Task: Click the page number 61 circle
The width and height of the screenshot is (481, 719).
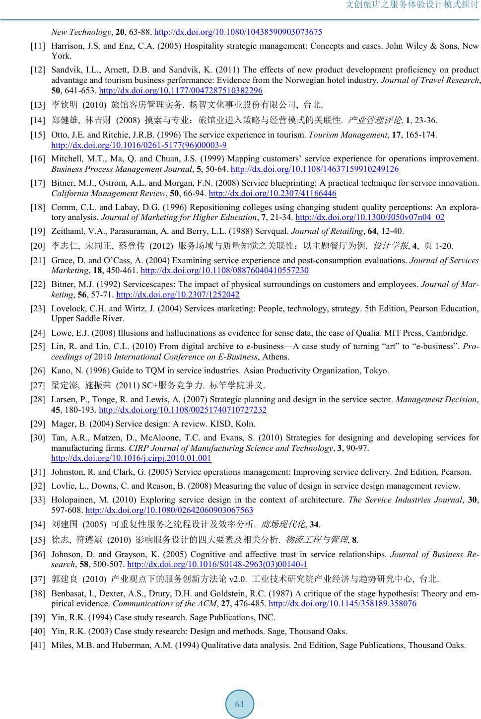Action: point(240,704)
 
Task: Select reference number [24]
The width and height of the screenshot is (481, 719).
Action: point(38,333)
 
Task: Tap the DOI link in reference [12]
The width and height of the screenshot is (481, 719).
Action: point(181,90)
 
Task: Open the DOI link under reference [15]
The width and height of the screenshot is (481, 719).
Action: point(139,145)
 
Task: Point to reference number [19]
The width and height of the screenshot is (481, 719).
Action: point(38,231)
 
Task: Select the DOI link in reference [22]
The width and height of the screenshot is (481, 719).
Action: point(178,294)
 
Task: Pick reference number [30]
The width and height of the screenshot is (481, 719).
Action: point(38,437)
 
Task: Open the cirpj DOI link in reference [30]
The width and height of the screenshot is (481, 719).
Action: point(131,458)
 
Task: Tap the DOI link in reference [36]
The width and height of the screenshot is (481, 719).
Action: point(217,564)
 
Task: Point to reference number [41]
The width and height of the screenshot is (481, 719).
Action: point(38,645)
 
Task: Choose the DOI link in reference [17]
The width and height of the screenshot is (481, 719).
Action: point(273,193)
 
